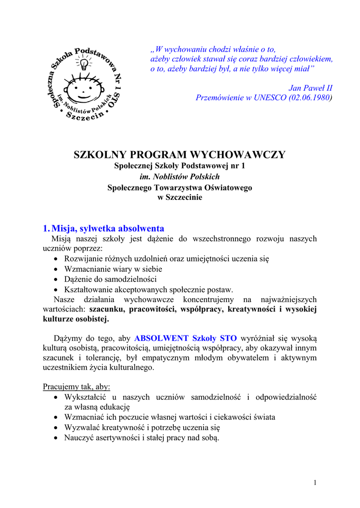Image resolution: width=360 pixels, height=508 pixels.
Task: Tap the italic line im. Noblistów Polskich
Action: pyautogui.click(x=180, y=177)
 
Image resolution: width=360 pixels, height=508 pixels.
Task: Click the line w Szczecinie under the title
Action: pyautogui.click(x=180, y=197)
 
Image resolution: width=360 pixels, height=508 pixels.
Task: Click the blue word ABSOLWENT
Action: pyautogui.click(x=161, y=338)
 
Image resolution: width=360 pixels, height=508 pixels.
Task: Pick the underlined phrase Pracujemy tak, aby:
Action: pyautogui.click(x=76, y=386)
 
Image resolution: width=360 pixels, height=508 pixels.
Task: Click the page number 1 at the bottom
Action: pyautogui.click(x=315, y=483)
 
